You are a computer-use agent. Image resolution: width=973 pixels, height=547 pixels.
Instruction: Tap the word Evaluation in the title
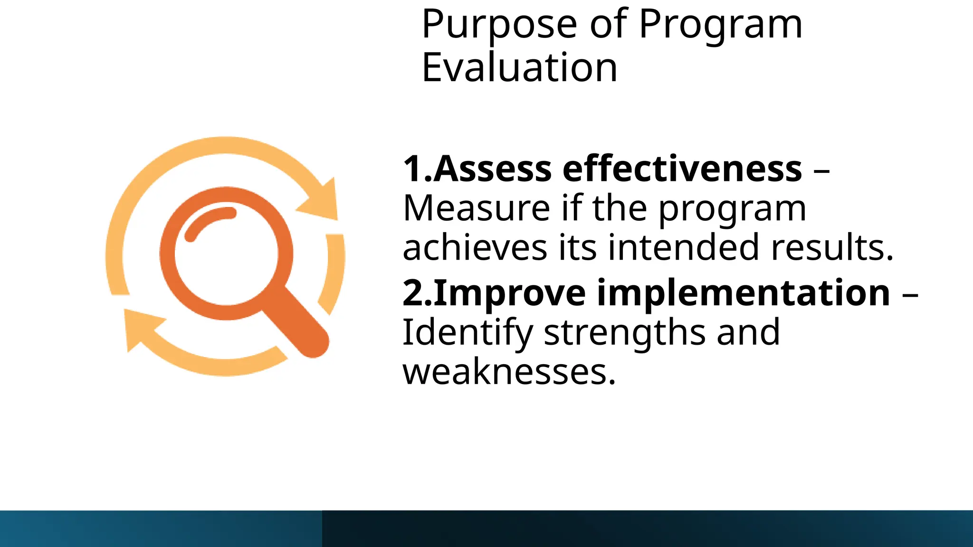coord(519,68)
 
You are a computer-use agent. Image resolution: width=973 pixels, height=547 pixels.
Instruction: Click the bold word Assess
coord(492,169)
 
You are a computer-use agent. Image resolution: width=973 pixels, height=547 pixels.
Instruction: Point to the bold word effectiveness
coord(682,169)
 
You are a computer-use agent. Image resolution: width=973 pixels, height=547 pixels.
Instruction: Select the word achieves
coord(475,247)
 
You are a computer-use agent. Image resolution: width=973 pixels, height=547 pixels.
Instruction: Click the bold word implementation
coord(743,293)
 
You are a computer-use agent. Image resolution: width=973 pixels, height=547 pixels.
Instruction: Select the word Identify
coord(467,332)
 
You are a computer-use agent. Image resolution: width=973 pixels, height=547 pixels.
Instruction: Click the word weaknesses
coord(509,371)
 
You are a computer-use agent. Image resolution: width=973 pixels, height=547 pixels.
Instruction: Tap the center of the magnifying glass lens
coord(226,253)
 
